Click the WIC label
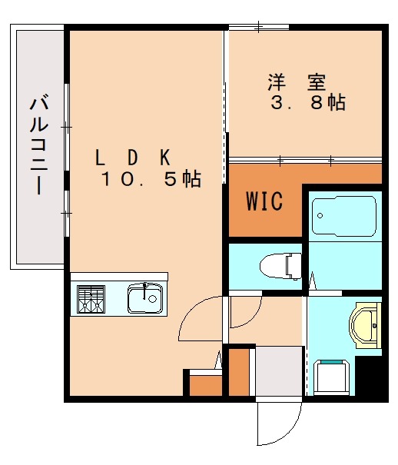click(264, 201)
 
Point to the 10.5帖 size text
click(151, 179)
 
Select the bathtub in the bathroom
click(343, 215)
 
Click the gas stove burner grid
click(91, 299)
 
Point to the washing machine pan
click(333, 377)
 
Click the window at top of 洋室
click(259, 28)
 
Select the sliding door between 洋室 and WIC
click(305, 161)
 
